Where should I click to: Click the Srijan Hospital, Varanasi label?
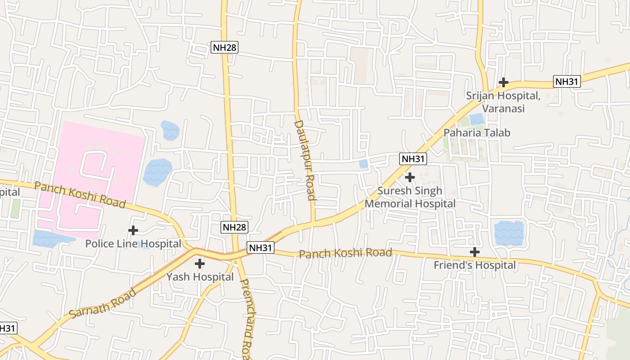click(x=503, y=102)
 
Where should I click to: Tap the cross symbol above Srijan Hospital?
click(x=504, y=82)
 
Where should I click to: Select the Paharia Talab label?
click(x=477, y=133)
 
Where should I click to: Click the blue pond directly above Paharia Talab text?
click(x=477, y=119)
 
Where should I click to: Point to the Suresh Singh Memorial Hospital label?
click(x=410, y=197)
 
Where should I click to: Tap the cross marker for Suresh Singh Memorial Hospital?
click(x=410, y=177)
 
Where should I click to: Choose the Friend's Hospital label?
click(x=475, y=265)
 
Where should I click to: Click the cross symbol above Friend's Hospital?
click(x=475, y=252)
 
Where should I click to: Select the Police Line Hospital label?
click(x=133, y=244)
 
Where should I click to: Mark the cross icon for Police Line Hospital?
click(x=133, y=231)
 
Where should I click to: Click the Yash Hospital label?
click(x=200, y=277)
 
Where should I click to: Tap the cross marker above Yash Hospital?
click(x=200, y=264)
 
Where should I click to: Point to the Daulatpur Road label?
click(x=305, y=160)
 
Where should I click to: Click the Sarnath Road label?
click(x=103, y=304)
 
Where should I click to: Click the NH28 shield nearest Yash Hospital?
click(x=234, y=227)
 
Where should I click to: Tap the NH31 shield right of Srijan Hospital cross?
click(x=567, y=81)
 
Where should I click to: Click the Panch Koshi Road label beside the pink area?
click(x=80, y=194)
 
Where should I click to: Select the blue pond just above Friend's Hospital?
click(x=509, y=233)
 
